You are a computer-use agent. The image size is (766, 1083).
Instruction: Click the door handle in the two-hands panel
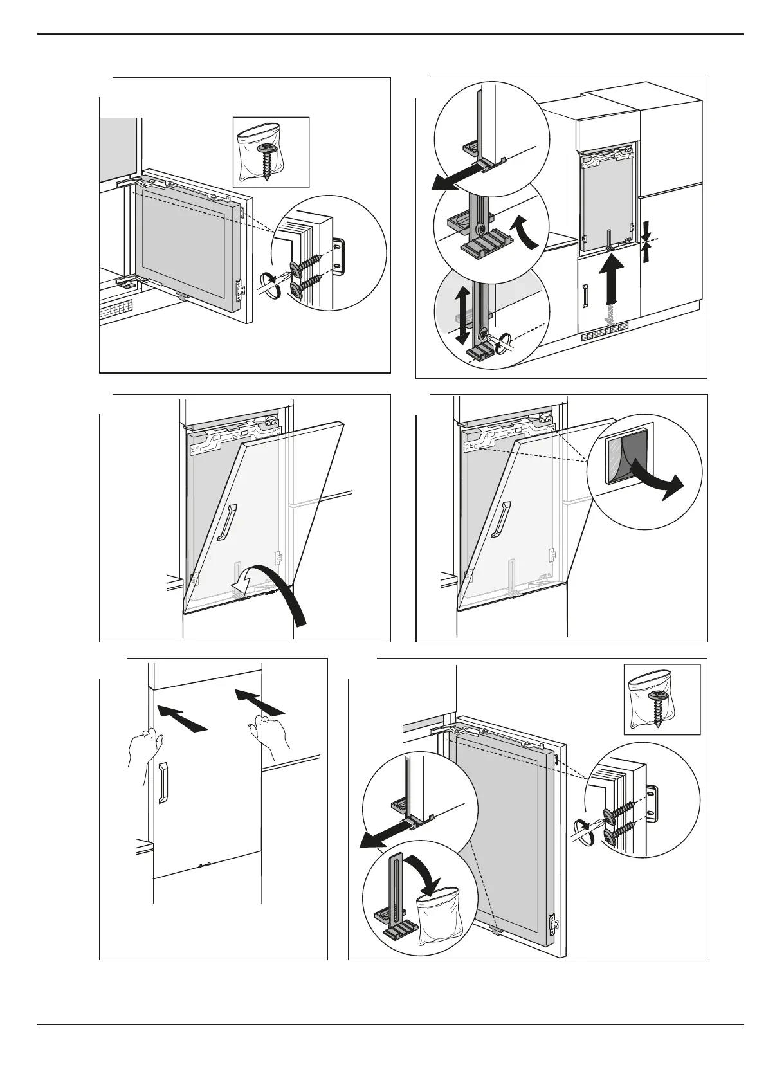pyautogui.click(x=163, y=783)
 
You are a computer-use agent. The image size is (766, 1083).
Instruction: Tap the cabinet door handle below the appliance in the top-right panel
pyautogui.click(x=585, y=296)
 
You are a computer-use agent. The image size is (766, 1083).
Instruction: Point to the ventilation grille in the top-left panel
pyautogui.click(x=116, y=313)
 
